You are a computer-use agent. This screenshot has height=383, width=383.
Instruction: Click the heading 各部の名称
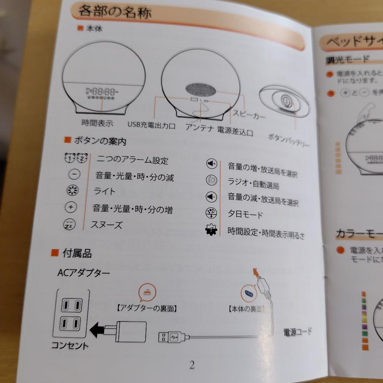click(115, 12)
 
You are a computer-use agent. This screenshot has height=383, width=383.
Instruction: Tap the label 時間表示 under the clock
click(98, 123)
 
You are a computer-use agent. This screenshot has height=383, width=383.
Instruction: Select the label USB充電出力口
click(151, 125)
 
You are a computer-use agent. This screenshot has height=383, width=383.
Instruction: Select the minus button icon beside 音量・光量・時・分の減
click(74, 174)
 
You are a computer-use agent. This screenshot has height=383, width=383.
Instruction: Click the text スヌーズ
click(106, 225)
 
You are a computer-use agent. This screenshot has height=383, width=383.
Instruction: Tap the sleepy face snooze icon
click(69, 224)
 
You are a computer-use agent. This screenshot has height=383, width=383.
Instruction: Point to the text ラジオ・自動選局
click(253, 183)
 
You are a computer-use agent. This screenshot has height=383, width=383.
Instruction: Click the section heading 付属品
click(77, 253)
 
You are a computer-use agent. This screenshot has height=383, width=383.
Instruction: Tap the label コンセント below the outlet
click(70, 346)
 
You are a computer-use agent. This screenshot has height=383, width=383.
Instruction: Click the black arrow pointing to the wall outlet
click(97, 331)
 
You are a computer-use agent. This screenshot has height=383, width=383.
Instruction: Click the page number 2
click(192, 365)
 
